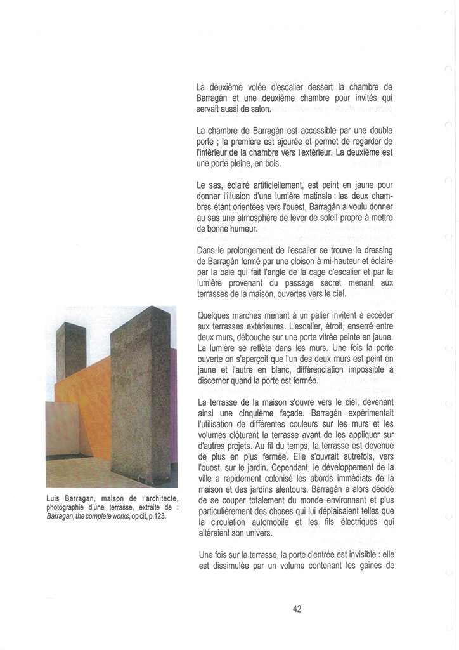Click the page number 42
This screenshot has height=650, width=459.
(x=297, y=608)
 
